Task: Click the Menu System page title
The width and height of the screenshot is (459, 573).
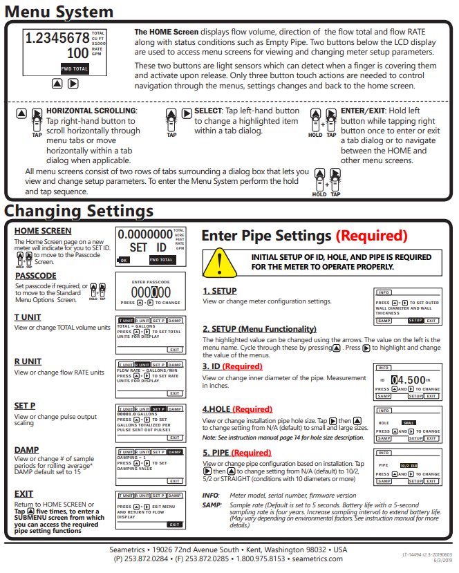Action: pyautogui.click(x=59, y=12)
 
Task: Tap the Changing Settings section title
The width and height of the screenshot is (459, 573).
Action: pyautogui.click(x=79, y=210)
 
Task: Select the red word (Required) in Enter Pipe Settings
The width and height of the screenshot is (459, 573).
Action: pyautogui.click(x=371, y=236)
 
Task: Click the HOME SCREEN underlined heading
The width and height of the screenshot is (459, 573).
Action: pyautogui.click(x=42, y=231)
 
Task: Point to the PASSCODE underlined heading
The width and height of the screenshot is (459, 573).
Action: pyautogui.click(x=35, y=276)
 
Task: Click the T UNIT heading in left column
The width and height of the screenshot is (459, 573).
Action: pyautogui.click(x=28, y=317)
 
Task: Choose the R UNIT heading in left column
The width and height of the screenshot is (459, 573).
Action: pyautogui.click(x=28, y=361)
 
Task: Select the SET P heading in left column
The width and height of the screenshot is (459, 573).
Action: pyautogui.click(x=26, y=406)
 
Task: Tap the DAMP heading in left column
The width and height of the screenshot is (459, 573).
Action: pyautogui.click(x=26, y=450)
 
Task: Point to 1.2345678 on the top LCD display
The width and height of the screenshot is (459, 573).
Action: pyautogui.click(x=57, y=38)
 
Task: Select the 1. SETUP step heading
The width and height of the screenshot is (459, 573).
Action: pyautogui.click(x=220, y=292)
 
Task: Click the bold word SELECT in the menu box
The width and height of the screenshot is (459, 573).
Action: pyautogui.click(x=207, y=110)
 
